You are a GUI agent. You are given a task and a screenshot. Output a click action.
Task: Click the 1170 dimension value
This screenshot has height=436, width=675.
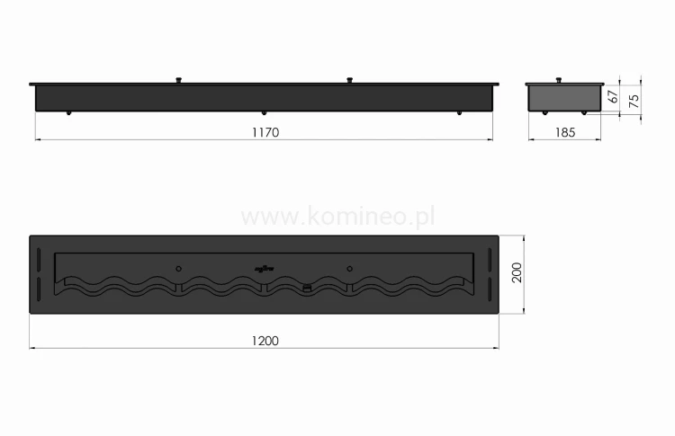click(263, 132)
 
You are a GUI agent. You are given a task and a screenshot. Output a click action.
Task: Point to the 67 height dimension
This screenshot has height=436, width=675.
click(614, 98)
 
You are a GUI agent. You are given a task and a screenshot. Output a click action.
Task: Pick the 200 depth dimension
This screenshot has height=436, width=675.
click(516, 274)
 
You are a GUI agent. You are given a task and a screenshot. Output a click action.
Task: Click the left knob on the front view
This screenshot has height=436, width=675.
click(179, 81)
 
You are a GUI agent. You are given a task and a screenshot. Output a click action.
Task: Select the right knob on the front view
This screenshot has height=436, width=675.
click(348, 81)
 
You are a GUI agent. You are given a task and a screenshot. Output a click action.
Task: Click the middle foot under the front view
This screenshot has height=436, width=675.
click(263, 112)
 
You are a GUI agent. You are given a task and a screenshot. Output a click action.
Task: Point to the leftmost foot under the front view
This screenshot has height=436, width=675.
click(68, 112)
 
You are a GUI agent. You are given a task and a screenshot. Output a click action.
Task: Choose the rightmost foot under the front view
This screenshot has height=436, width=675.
click(459, 112)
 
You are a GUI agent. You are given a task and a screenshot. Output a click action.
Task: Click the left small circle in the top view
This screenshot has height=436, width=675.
click(178, 268)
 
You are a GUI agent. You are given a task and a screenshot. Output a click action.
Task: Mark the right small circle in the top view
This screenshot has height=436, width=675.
click(349, 268)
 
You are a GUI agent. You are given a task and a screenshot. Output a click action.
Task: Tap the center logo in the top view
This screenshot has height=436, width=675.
click(264, 267)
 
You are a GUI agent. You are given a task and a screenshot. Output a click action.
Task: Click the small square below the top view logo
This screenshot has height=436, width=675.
click(306, 288)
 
